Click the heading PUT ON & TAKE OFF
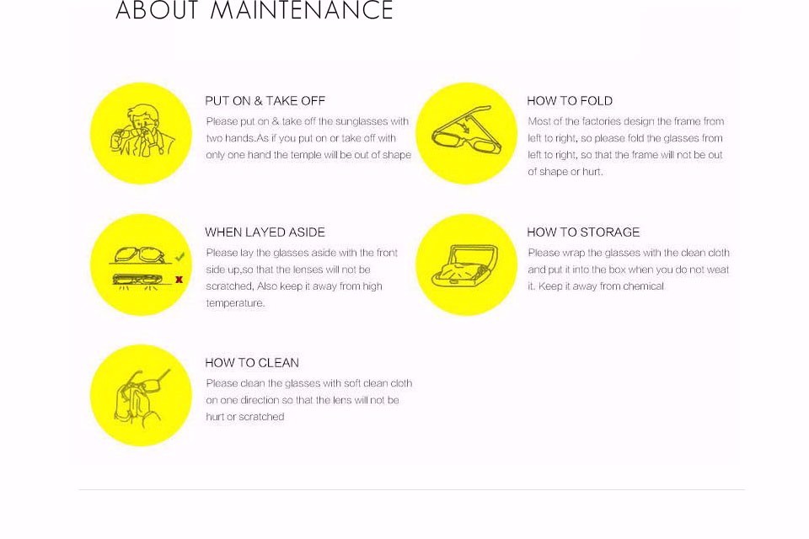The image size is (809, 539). click(265, 101)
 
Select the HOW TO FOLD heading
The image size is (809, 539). click(570, 101)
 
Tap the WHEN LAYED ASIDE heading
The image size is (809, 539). click(265, 232)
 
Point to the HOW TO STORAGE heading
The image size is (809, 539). click(583, 232)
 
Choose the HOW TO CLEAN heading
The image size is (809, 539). click(252, 363)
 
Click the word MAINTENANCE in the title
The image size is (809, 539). click(302, 10)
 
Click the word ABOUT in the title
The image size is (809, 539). click(157, 10)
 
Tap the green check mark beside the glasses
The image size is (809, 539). click(179, 256)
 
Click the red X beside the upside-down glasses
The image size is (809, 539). click(179, 280)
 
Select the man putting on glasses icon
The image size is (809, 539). click(142, 131)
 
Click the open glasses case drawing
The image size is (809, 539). click(465, 265)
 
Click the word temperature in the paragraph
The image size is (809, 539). click(235, 303)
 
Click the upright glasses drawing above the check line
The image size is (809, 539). click(139, 255)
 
